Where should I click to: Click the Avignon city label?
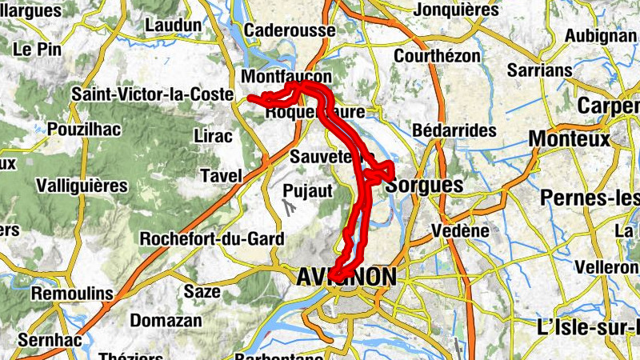(x=346, y=278)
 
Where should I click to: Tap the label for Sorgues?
(x=424, y=186)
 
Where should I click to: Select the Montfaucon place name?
(x=286, y=77)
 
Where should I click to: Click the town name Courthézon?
(x=438, y=57)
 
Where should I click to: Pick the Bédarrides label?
(x=453, y=130)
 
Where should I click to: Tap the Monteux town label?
(x=570, y=139)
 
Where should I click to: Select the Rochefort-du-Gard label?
(x=212, y=238)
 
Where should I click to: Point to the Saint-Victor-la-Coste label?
(x=150, y=94)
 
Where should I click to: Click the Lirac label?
(x=214, y=136)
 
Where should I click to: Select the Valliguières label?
(x=82, y=186)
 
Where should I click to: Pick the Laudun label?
(x=173, y=25)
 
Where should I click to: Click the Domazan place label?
(x=166, y=320)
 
